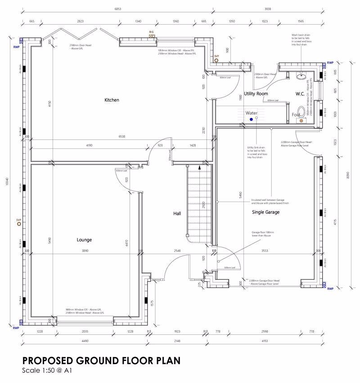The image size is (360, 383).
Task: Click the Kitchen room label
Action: (x=112, y=100)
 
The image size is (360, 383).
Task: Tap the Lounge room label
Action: (x=84, y=240)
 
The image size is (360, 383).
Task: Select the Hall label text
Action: (x=177, y=213)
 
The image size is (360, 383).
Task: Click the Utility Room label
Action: (x=256, y=94)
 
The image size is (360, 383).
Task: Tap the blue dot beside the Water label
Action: (x=252, y=120)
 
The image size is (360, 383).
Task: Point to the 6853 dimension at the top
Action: (x=117, y=9)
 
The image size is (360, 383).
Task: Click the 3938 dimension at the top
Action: (x=269, y=9)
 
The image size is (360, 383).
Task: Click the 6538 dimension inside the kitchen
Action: (x=121, y=136)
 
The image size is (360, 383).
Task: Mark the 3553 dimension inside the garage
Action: (x=265, y=251)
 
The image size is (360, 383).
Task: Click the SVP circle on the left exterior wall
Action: (x=19, y=224)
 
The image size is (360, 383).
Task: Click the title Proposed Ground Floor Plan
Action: (x=102, y=360)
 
